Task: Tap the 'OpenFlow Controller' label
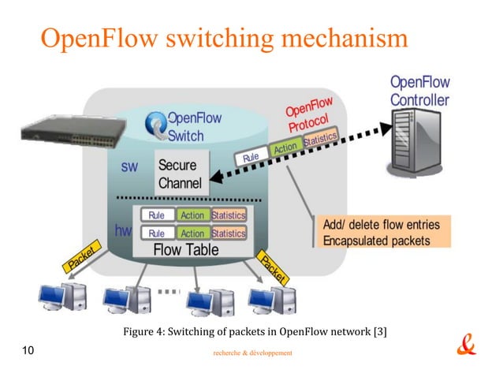click(x=419, y=91)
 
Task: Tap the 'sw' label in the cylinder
click(x=129, y=167)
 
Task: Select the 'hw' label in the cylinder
click(x=123, y=231)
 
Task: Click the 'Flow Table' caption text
click(x=187, y=250)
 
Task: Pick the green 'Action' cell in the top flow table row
click(x=192, y=215)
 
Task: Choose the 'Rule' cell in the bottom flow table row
click(x=157, y=233)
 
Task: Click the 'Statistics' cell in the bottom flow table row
click(x=229, y=233)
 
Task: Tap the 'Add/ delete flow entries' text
click(x=382, y=225)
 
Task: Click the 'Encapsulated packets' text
click(x=377, y=241)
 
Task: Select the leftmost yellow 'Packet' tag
click(x=81, y=257)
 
